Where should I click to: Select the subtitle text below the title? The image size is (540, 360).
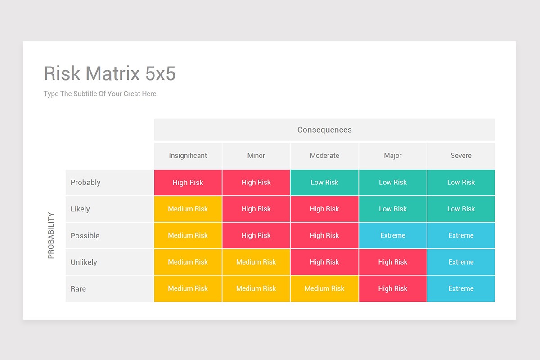click(100, 94)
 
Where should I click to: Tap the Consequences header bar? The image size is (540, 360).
click(324, 130)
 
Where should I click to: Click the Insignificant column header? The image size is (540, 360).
click(188, 156)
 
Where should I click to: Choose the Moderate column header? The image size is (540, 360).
click(324, 156)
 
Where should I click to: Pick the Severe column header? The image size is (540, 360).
click(461, 156)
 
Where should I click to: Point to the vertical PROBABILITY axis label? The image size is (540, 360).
click(51, 235)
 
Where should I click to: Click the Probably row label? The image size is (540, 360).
click(85, 182)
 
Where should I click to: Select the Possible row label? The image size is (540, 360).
click(85, 235)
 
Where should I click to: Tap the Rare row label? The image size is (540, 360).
click(78, 288)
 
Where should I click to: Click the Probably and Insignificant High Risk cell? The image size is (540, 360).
click(188, 182)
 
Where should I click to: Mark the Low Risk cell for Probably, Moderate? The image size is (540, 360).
click(324, 182)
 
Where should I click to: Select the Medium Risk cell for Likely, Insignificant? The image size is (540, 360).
click(188, 209)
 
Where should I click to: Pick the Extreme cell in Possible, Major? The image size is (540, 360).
click(393, 235)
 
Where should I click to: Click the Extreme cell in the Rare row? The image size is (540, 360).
click(461, 288)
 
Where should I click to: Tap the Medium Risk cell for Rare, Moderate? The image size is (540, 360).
click(324, 288)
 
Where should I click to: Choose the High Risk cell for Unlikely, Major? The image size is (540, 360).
click(393, 262)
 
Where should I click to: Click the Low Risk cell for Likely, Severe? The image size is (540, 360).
click(461, 209)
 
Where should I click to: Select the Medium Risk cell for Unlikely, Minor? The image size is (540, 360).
click(256, 262)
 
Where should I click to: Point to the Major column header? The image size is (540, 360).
click(393, 156)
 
